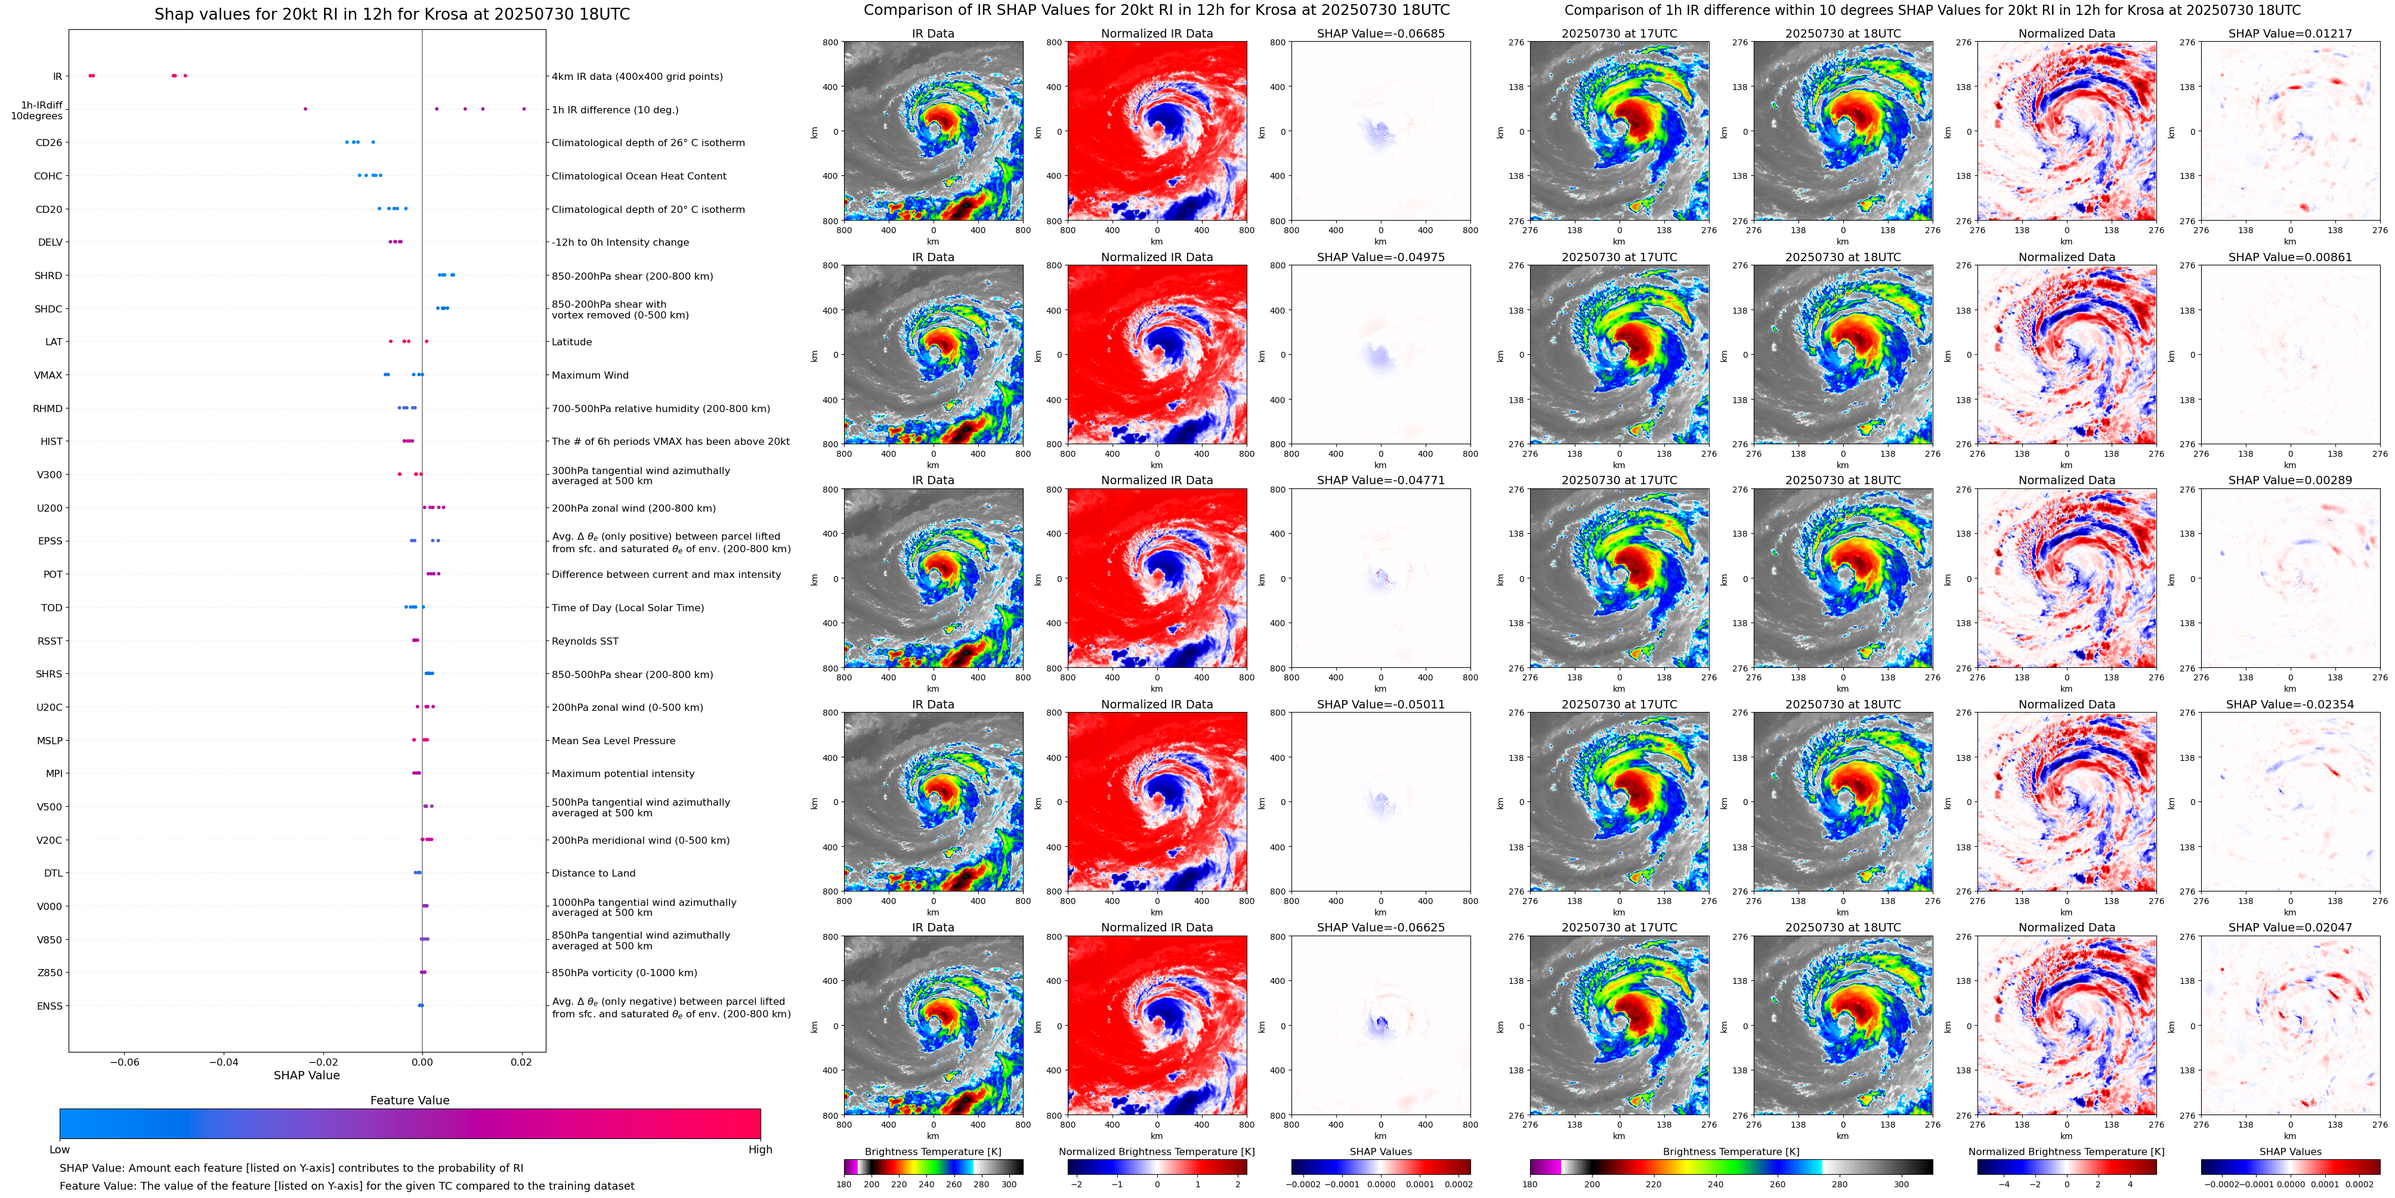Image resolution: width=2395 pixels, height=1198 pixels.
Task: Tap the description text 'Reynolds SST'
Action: pos(585,641)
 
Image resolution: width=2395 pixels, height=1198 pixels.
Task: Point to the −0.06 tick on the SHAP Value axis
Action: pos(125,1062)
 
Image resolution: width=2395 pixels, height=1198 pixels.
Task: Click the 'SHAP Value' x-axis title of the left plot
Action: pos(307,1075)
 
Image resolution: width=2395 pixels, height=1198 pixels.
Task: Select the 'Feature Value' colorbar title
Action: pos(409,1100)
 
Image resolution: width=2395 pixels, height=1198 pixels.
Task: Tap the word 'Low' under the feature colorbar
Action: pos(60,1150)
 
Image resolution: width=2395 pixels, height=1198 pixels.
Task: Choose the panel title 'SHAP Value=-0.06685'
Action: pos(1381,33)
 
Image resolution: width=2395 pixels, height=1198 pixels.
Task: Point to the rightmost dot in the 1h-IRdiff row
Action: pos(524,109)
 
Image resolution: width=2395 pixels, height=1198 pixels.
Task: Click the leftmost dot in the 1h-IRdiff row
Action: pos(305,109)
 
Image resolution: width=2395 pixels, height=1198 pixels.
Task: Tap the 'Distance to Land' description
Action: pos(593,874)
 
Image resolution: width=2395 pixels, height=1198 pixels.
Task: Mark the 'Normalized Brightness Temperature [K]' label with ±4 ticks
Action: pos(2066,1151)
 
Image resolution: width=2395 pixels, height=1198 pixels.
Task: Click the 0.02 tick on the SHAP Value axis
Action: pos(521,1062)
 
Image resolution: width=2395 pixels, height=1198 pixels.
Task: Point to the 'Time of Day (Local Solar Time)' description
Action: pos(628,608)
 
